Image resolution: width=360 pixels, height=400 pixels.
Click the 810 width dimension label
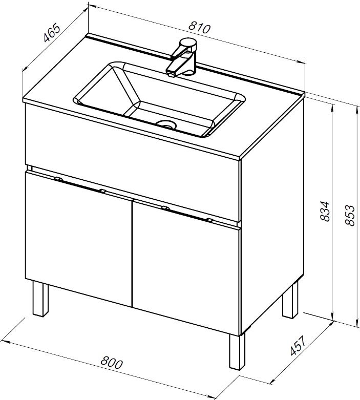(x=200, y=28)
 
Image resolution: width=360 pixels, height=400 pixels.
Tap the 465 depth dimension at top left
(x=52, y=33)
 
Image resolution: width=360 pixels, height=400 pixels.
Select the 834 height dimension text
(x=325, y=211)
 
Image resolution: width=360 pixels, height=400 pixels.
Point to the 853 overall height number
(x=350, y=215)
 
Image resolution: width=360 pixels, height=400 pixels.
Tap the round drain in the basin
(x=166, y=124)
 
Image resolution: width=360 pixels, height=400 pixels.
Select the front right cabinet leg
(x=237, y=351)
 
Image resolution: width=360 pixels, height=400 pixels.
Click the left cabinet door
(x=78, y=238)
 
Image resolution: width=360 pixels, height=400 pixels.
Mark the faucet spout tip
(x=171, y=75)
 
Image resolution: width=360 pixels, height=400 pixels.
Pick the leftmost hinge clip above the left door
(x=58, y=179)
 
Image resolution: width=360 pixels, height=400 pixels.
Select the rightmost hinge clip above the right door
(x=209, y=219)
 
